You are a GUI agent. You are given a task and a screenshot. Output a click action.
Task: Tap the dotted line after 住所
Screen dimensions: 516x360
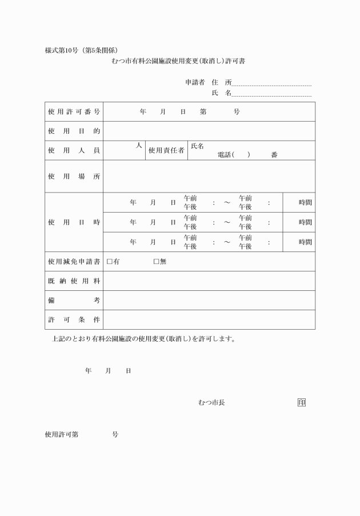pos(271,83)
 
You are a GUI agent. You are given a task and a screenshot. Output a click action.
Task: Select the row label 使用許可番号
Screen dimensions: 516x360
pos(74,112)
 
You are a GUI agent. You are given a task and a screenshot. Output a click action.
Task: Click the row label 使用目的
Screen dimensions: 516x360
pos(74,131)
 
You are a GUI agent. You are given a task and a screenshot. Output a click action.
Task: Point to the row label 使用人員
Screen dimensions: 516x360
pos(74,151)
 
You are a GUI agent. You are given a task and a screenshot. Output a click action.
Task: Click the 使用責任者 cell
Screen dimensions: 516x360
pos(166,151)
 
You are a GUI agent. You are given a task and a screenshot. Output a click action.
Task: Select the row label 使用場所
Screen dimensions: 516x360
pos(74,177)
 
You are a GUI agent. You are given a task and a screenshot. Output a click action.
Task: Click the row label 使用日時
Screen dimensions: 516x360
pos(74,222)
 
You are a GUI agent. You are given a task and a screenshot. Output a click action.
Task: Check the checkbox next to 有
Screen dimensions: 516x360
pos(110,262)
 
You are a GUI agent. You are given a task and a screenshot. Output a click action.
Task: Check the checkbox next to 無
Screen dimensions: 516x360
pos(157,262)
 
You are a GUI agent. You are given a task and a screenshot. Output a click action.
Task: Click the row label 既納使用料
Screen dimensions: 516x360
pos(74,281)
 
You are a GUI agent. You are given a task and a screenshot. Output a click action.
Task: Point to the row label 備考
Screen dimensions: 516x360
pos(74,301)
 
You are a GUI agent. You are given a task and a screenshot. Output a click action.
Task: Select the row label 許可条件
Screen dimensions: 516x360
pos(74,320)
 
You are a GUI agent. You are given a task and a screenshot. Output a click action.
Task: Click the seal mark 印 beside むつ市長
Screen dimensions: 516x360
pos(301,403)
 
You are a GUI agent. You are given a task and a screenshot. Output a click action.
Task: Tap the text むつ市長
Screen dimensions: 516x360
pos(211,403)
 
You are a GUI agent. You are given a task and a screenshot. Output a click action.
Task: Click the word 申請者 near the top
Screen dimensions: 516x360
pos(195,82)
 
